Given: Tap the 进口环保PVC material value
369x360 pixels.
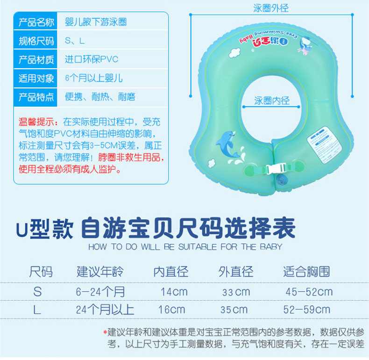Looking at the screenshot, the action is [92, 59].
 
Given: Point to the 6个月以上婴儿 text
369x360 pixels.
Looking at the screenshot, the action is [94, 78].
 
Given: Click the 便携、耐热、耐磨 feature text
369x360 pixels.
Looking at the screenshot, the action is [100, 97].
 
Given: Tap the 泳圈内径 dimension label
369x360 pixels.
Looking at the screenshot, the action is [272, 101].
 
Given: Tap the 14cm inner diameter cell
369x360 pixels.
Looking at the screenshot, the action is [174, 292].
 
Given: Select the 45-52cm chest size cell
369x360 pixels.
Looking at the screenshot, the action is [309, 292].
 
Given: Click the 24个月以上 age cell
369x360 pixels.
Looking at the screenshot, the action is [105, 310].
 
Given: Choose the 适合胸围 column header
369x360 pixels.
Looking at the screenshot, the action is [307, 272].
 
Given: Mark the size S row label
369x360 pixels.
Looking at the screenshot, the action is [38, 292].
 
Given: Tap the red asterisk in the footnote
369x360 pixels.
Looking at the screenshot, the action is [105, 332].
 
